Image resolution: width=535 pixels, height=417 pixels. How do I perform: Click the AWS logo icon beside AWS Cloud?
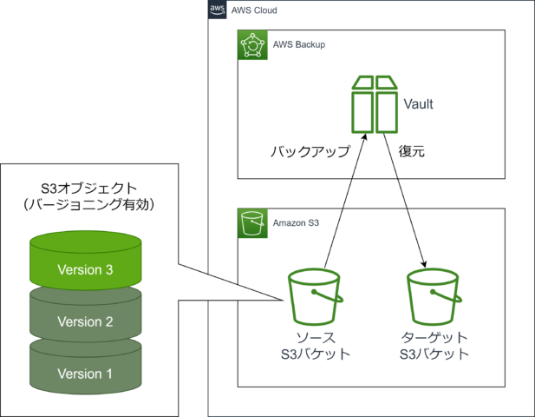pos(217,10)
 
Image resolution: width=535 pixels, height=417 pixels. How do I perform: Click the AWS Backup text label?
pos(297,44)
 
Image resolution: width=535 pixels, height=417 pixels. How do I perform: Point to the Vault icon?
pos(374,103)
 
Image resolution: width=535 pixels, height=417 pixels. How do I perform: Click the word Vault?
pos(419,104)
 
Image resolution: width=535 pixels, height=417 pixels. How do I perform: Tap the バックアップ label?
pos(310,151)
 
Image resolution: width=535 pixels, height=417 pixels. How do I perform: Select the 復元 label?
pos(411,151)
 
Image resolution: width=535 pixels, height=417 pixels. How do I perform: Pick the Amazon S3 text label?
pos(297,222)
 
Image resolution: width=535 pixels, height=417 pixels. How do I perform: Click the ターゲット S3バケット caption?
pos(434,345)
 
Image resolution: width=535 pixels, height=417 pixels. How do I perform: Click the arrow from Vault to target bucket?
pos(405,200)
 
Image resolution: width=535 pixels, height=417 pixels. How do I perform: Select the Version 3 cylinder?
pos(85,260)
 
